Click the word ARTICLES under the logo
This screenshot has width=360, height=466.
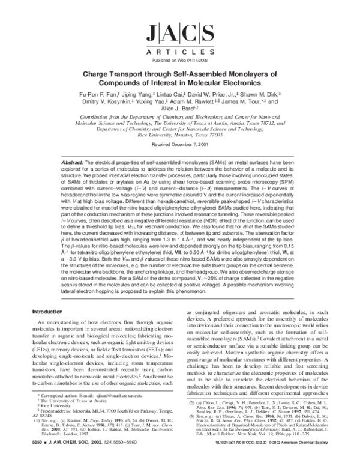pos(181,52)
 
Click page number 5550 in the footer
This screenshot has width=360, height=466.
pos(37,456)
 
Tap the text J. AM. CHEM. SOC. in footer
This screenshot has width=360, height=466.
pos(71,456)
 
